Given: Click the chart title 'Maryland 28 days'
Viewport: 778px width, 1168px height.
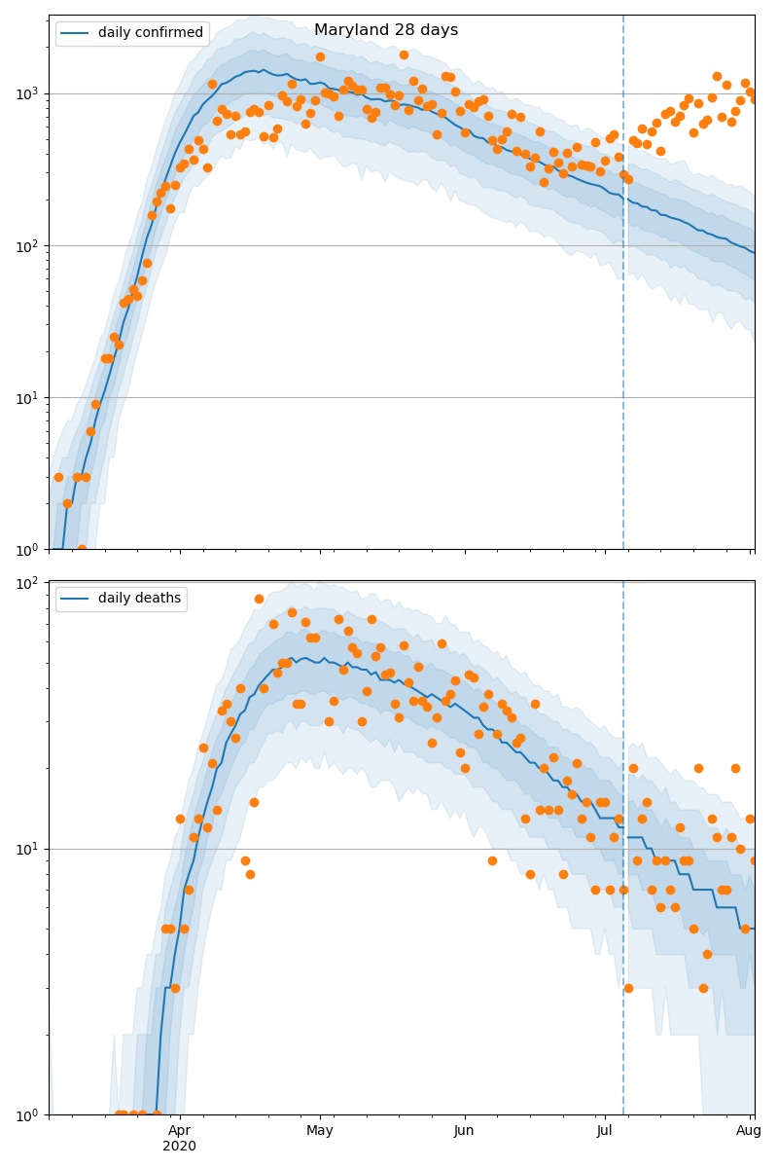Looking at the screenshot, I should click(x=386, y=30).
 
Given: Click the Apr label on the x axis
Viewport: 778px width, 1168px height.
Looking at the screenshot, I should click(x=180, y=1130).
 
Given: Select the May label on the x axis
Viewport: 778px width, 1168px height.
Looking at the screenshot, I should click(x=320, y=1130).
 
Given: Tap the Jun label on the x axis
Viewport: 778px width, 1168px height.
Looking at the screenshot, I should click(x=464, y=1130).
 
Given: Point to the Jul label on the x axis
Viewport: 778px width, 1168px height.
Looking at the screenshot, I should click(x=605, y=1130).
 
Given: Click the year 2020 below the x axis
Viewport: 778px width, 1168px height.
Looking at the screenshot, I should click(x=180, y=1146).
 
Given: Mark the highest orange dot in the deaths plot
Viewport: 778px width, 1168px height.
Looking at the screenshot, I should click(x=259, y=599).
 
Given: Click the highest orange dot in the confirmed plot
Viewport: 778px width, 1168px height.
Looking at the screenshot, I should click(x=404, y=55).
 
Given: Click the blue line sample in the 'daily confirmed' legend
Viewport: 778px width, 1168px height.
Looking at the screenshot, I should click(x=75, y=33).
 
